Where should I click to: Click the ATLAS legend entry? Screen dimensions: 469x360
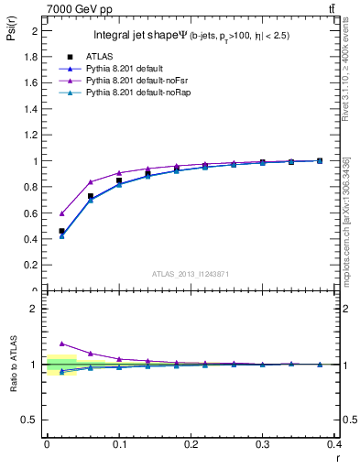coord(99,56)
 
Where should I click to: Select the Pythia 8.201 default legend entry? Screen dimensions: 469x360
coord(123,69)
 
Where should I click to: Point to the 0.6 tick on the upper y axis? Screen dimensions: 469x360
coord(34,213)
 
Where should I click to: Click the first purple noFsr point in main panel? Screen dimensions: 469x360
coord(61,213)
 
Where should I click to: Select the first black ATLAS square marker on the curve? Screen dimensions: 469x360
coord(61,231)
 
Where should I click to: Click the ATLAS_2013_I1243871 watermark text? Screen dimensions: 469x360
coord(190,275)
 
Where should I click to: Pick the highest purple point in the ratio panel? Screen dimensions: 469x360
coord(61,344)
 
